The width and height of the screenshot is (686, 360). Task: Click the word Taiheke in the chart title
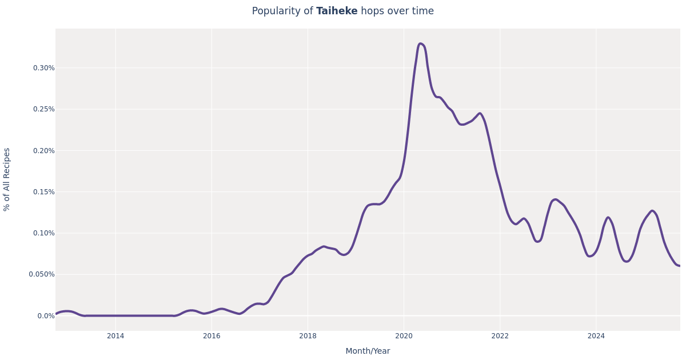point(337,11)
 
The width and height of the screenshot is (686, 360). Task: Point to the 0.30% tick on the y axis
point(43,68)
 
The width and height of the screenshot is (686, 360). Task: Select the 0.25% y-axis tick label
point(43,109)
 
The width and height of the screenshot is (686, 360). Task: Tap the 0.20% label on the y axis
point(43,151)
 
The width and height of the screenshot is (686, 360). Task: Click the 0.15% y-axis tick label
point(43,192)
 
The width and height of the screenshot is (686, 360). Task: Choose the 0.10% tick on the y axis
point(43,233)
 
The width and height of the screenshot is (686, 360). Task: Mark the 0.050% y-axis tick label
point(42,274)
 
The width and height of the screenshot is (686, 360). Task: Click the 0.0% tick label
point(46,316)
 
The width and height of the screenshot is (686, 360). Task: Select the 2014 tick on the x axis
point(115,336)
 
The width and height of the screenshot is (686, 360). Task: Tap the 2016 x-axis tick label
point(212,336)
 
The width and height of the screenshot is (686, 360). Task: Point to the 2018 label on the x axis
point(308,336)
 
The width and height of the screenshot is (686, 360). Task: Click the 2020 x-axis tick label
point(404,336)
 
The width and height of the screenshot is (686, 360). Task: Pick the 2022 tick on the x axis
point(500,336)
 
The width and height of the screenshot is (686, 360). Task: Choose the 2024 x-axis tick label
point(596,336)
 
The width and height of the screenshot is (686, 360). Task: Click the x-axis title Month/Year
point(368,351)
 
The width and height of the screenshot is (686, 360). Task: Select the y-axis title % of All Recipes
point(7,179)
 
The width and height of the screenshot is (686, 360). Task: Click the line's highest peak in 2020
point(420,43)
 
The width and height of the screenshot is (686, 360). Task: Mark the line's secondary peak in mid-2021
point(480,113)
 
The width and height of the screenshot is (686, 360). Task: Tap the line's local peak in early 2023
point(555,199)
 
